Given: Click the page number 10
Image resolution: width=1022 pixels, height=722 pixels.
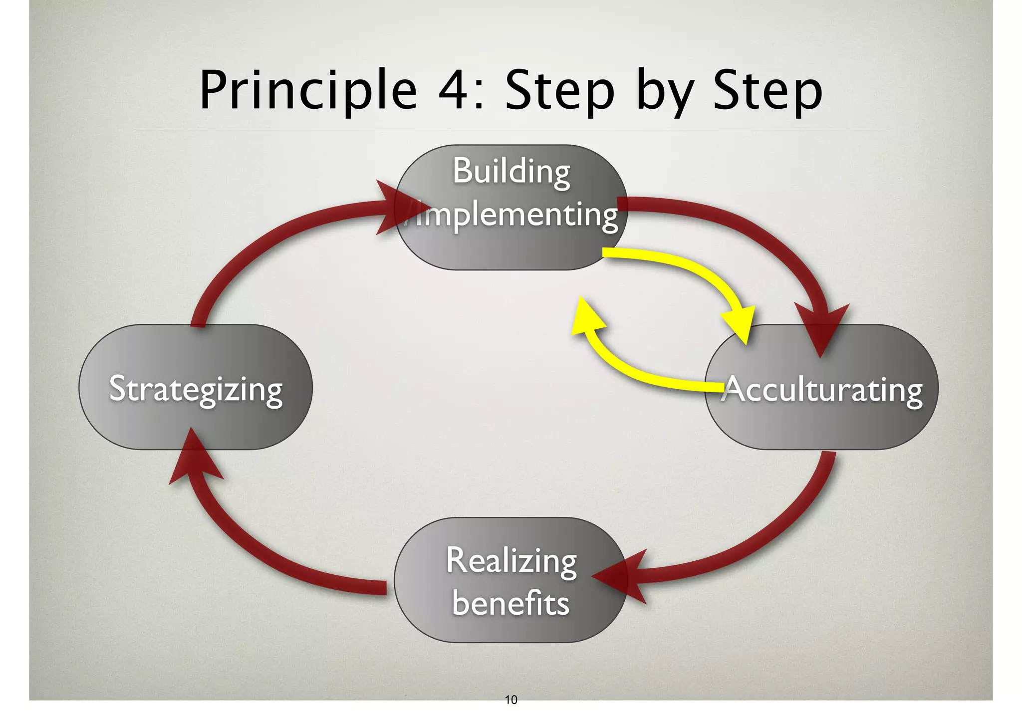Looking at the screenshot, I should pyautogui.click(x=511, y=700).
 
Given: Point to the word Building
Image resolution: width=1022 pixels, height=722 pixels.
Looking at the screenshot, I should pyautogui.click(x=511, y=172).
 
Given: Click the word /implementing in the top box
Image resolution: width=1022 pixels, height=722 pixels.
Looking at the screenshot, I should pyautogui.click(x=511, y=216).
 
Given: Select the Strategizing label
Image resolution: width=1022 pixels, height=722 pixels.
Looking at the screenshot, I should pyautogui.click(x=196, y=389).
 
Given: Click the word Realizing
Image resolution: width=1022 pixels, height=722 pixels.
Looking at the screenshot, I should pyautogui.click(x=511, y=561).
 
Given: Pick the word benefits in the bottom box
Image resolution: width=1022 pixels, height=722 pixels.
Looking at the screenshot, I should pyautogui.click(x=511, y=603).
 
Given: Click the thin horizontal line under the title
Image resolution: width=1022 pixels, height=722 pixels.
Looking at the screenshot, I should pyautogui.click(x=511, y=128).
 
